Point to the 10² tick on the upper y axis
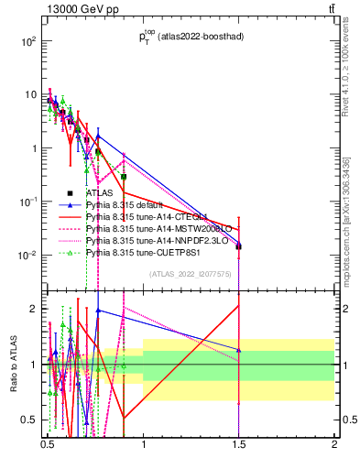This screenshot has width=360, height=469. pyautogui.click(x=29, y=42)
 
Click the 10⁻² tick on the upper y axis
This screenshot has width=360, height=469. pyautogui.click(x=27, y=255)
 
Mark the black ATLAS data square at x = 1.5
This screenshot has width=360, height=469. pyautogui.click(x=238, y=246)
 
